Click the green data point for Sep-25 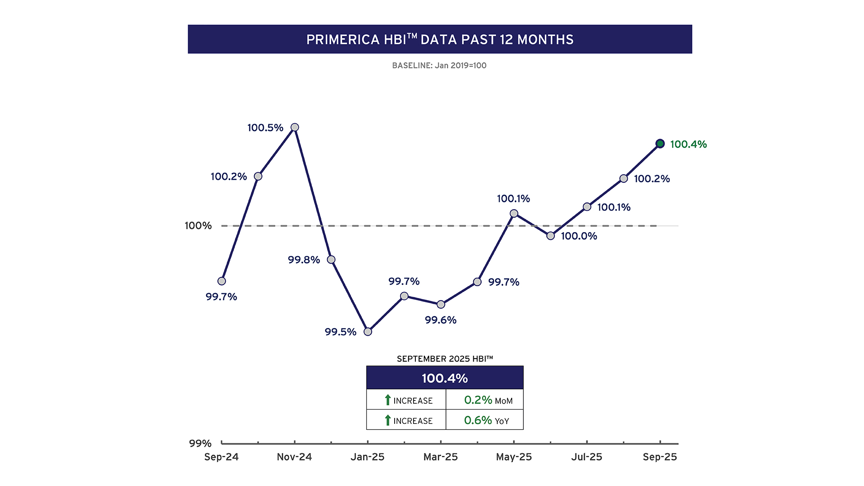coord(660,144)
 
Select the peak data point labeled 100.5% coord(295,127)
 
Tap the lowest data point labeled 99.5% coord(368,332)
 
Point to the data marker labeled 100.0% coord(550,236)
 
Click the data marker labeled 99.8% coord(331,260)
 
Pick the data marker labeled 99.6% coord(441,305)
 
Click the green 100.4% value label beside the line coord(688,144)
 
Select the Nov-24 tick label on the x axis coord(294,457)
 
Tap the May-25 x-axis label coord(513,457)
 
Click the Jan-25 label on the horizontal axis coord(367,457)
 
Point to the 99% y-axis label coord(200,444)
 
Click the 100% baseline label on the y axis coord(198,226)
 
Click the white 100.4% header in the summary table coord(445,378)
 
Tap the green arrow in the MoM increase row coord(387,400)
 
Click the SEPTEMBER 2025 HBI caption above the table coord(445,359)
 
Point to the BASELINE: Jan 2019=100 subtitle coord(439,66)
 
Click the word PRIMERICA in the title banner coord(343,40)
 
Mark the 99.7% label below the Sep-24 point coord(221,297)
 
